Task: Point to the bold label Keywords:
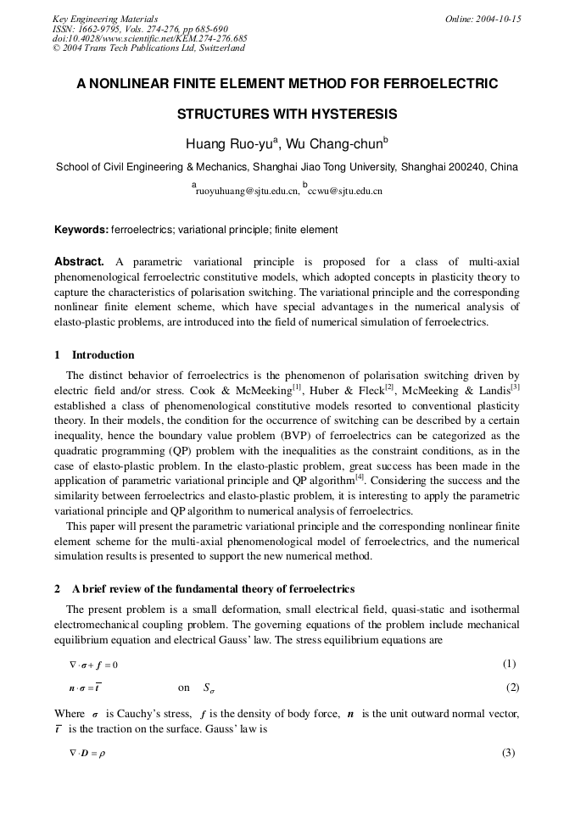(81, 230)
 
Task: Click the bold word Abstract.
(79, 262)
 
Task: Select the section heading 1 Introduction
(94, 354)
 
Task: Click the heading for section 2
(204, 588)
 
